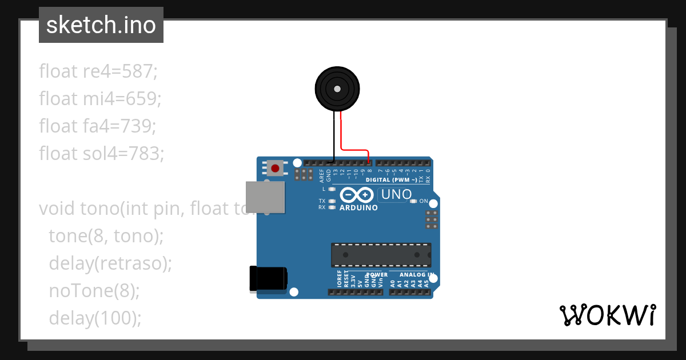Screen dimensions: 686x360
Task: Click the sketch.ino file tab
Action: [x=101, y=25]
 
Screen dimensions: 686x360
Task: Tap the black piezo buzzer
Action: [x=337, y=89]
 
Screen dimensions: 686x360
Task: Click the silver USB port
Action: [x=265, y=197]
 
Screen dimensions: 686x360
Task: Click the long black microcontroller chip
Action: [x=381, y=255]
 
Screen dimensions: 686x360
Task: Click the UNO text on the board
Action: [x=396, y=194]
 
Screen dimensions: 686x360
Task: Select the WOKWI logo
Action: [x=607, y=315]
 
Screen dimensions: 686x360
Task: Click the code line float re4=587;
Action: [x=98, y=71]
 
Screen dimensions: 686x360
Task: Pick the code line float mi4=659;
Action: [x=100, y=99]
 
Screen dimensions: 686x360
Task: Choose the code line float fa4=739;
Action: [x=97, y=126]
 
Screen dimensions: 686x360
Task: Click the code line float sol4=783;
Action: [x=101, y=153]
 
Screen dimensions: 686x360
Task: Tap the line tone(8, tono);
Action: [x=106, y=236]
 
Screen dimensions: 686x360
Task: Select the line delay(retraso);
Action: [x=110, y=263]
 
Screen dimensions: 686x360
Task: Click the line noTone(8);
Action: [x=94, y=291]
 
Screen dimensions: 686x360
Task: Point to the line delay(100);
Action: [x=95, y=318]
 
